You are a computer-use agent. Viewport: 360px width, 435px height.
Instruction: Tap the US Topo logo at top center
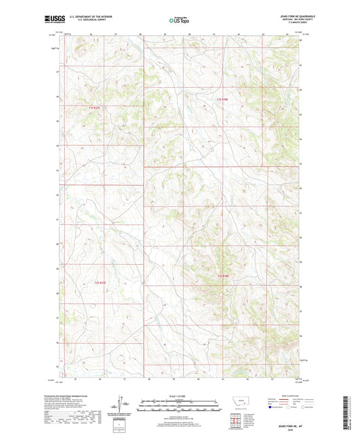[x=176, y=20]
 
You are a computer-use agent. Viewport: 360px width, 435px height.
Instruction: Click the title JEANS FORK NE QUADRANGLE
[x=286, y=16]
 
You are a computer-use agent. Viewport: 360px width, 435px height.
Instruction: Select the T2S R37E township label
[x=100, y=282]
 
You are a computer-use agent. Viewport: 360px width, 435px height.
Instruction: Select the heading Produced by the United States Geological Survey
[x=72, y=396]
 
